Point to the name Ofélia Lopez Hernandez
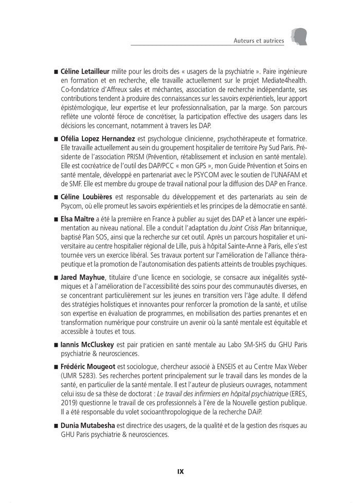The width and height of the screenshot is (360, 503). click(x=98, y=139)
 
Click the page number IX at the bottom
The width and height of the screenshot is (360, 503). click(x=180, y=471)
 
